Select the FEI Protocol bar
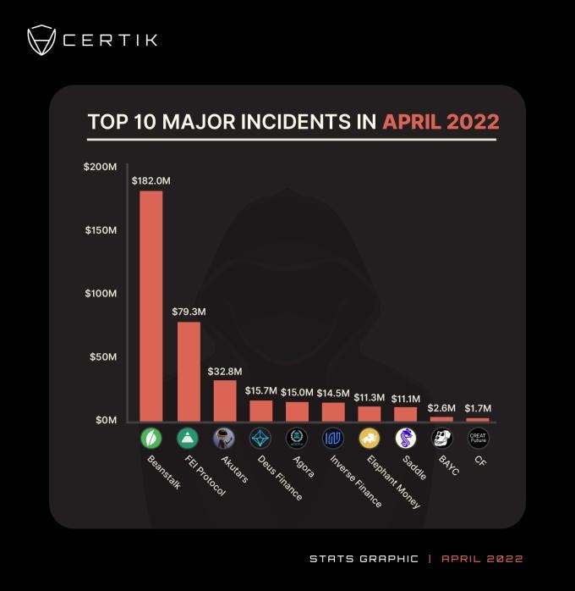point(188,371)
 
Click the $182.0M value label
point(151,180)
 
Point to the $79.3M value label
point(188,312)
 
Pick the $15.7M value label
point(260,390)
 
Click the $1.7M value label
point(479,407)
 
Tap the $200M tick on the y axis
point(100,167)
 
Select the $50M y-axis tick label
point(102,356)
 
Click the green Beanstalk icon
point(151,438)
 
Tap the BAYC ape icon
point(442,438)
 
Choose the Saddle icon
point(406,438)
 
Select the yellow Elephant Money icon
point(370,438)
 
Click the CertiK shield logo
point(42,40)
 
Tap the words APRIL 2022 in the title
point(441,122)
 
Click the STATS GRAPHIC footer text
point(364,559)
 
